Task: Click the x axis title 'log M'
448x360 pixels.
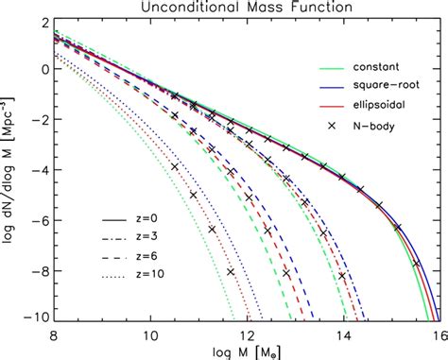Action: coord(243,351)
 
